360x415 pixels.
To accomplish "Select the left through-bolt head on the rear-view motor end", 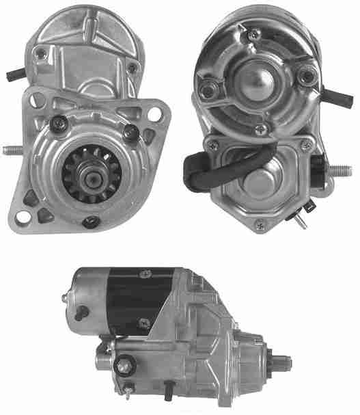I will point(208,85).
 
